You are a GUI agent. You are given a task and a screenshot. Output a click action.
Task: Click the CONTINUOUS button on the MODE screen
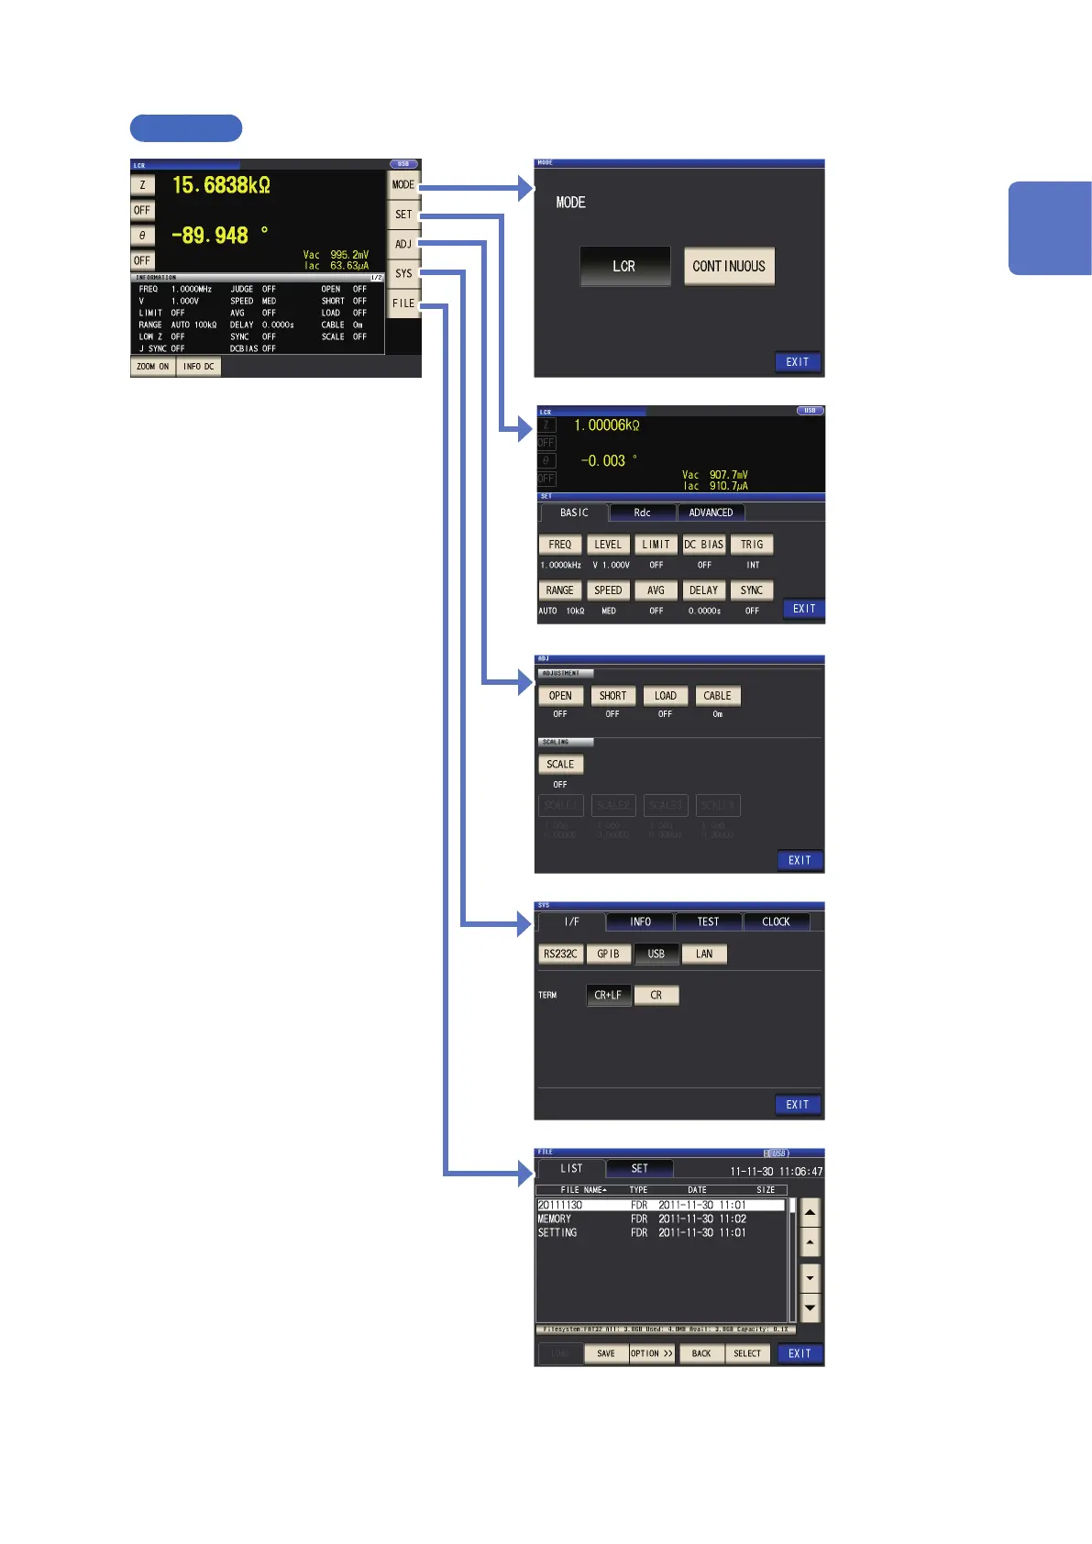729,266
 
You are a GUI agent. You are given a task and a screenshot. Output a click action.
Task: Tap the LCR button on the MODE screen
624,266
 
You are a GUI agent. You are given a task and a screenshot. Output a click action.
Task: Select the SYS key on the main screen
403,273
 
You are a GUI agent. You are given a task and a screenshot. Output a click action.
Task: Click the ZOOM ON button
152,367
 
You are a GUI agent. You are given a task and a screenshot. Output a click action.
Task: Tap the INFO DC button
198,367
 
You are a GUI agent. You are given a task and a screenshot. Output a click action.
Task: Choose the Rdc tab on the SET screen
642,513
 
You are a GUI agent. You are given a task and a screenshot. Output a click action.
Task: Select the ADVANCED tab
711,513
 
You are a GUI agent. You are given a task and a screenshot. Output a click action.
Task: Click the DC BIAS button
703,545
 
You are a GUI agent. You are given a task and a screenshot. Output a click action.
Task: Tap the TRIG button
752,545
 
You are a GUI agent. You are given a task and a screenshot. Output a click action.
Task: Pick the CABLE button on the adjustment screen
717,696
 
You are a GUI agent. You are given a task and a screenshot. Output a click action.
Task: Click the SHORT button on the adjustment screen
612,696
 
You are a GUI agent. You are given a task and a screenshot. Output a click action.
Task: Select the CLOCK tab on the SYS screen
776,921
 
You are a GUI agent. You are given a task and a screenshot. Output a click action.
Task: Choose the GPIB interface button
608,954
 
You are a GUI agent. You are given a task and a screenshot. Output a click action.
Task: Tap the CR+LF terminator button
608,995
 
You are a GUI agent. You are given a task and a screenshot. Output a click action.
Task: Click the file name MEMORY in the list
555,1219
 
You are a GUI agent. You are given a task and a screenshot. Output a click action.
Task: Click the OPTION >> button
652,1353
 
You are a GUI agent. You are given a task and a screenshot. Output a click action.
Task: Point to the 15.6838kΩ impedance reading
221,185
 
